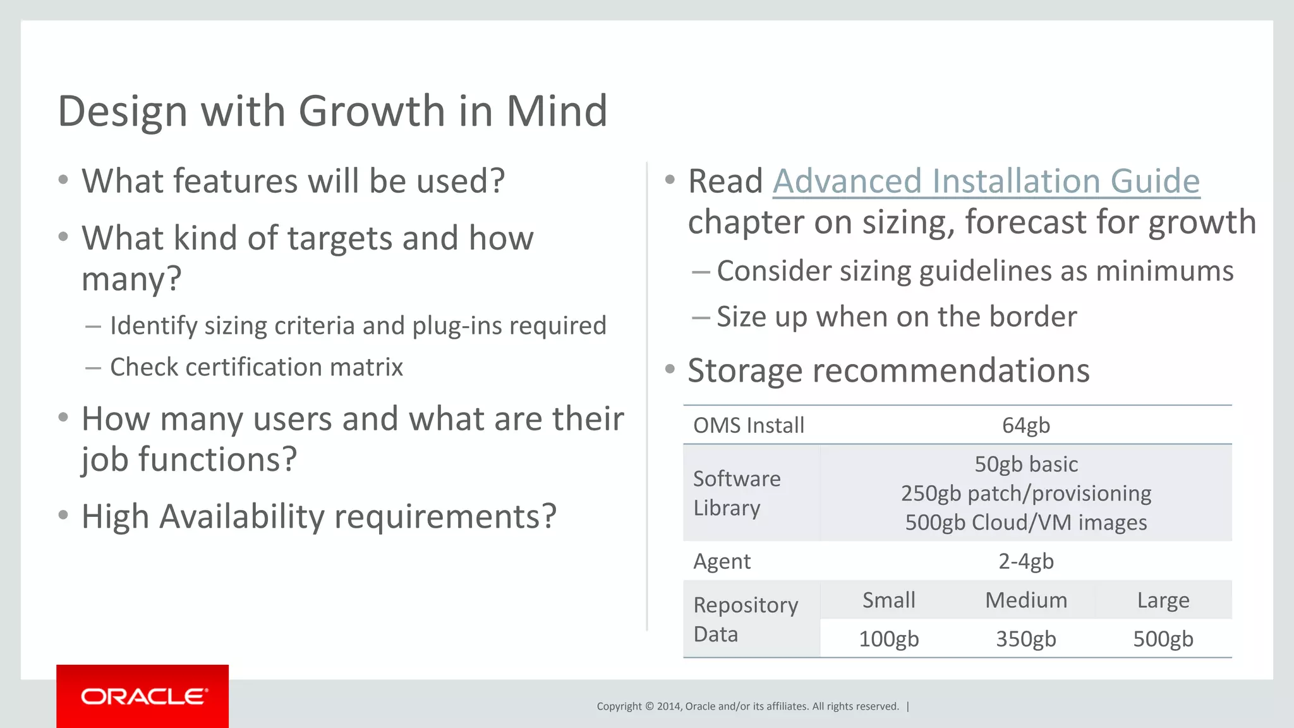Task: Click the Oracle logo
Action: [x=143, y=696]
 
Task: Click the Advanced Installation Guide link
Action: [x=986, y=181]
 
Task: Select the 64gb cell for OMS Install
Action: [x=1025, y=425]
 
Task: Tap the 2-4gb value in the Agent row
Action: [x=1025, y=561]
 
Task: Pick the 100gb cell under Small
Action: [x=888, y=639]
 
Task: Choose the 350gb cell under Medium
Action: [x=1025, y=639]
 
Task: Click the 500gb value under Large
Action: [x=1163, y=639]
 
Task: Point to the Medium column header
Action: [x=1025, y=600]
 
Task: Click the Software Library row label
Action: [x=737, y=493]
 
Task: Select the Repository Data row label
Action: [x=746, y=619]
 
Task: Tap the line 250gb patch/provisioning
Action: [x=1025, y=493]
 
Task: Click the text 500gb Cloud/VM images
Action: [x=1025, y=523]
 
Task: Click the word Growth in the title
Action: [x=372, y=111]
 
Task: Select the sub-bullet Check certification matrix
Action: [x=256, y=367]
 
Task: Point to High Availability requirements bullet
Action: [x=318, y=517]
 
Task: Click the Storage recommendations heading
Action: [x=888, y=370]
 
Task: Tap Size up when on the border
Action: [x=896, y=317]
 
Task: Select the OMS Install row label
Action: [x=748, y=425]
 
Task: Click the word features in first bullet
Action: [x=235, y=181]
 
